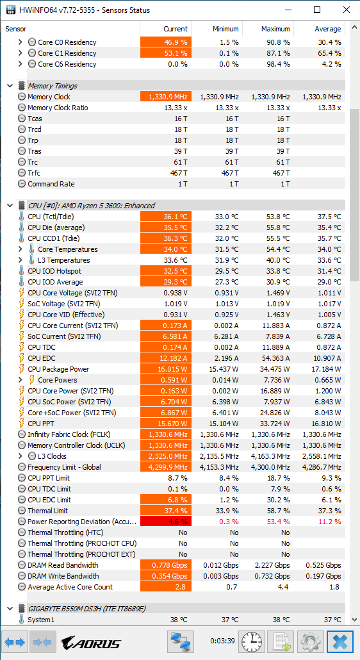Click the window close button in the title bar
point(347,10)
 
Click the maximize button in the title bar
point(318,10)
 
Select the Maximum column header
point(275,29)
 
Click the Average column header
point(327,29)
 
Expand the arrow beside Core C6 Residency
point(20,64)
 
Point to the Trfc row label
point(34,173)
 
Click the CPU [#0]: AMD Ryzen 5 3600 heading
point(91,206)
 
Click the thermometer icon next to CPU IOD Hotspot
point(21,271)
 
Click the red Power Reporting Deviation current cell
point(166,522)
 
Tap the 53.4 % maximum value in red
point(278,522)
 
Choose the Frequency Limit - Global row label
point(64,467)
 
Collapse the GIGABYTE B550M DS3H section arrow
point(10,608)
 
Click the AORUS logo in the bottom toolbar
point(91,643)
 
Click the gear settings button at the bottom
point(311,642)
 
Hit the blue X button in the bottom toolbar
point(340,642)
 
